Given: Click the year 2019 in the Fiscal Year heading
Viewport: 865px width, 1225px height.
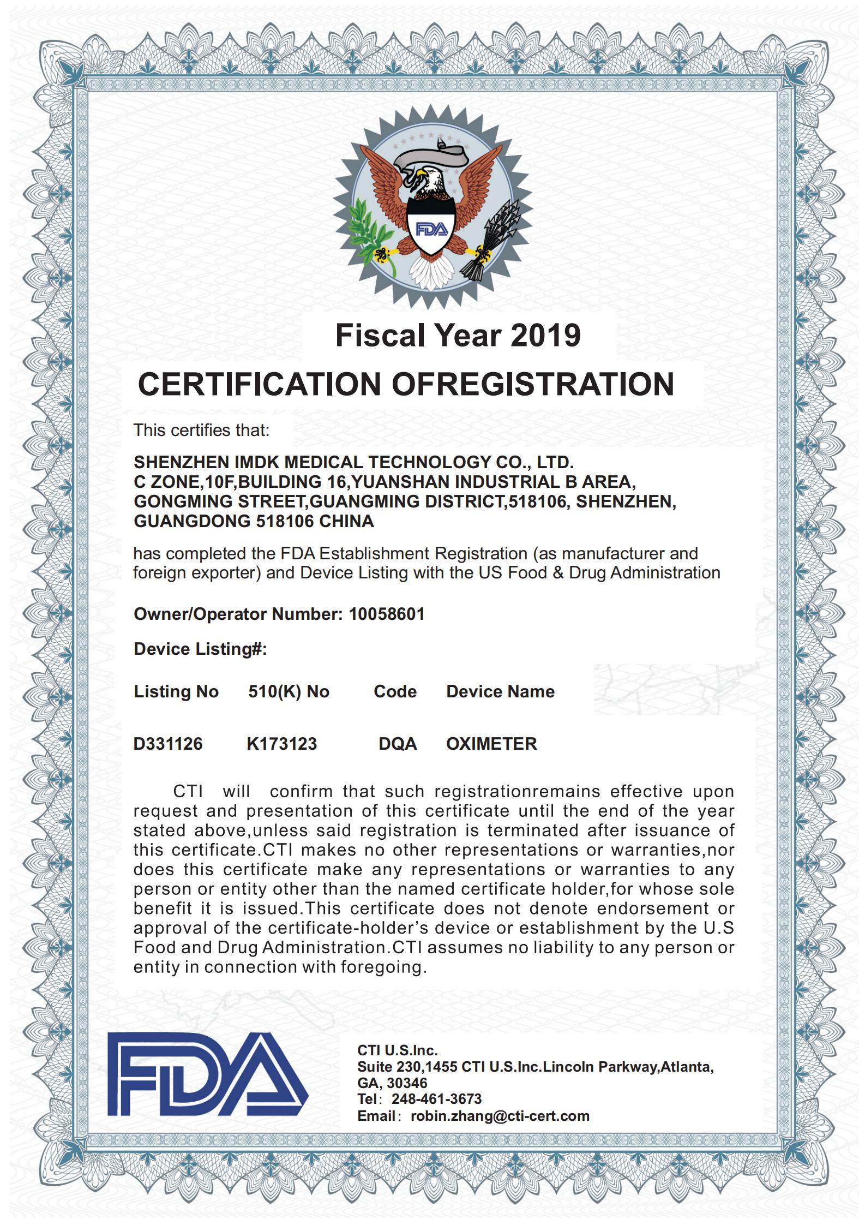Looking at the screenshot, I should coord(545,336).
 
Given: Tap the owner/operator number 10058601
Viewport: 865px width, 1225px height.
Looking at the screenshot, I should coord(386,614).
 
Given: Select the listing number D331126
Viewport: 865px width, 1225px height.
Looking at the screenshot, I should coord(168,743).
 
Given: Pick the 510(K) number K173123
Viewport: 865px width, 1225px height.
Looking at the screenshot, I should coord(281,743).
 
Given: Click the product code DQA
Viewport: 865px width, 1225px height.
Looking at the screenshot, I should coord(398,743).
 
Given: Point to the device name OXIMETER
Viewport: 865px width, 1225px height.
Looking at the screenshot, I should coord(491,743).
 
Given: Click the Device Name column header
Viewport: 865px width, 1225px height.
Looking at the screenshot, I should coord(500,691).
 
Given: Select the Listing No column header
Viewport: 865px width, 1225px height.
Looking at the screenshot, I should coord(176,691).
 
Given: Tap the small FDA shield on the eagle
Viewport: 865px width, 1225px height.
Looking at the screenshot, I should coord(432,228).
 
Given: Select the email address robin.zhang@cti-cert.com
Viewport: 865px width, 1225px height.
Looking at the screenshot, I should coord(500,1115).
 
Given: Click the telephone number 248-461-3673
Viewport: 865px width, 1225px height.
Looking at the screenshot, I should coord(436,1098).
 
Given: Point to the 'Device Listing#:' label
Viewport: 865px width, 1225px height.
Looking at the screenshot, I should coord(200,649).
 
